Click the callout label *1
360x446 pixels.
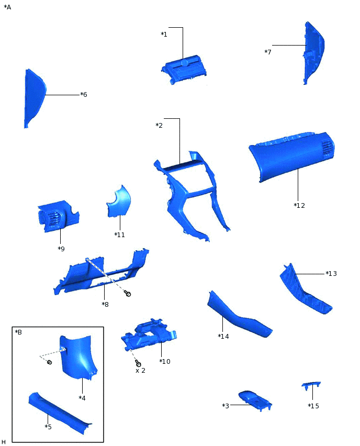(x=164, y=35)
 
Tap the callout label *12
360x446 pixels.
(x=299, y=205)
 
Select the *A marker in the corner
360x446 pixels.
(x=7, y=7)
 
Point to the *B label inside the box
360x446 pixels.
(x=18, y=332)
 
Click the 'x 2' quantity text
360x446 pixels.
(x=140, y=371)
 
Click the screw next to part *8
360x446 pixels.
(x=127, y=294)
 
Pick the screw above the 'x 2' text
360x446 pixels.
(x=138, y=363)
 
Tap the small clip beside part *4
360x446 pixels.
(x=49, y=362)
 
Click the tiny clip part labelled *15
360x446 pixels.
(x=311, y=386)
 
